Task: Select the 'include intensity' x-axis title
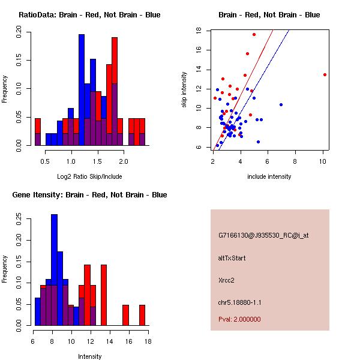pyautogui.click(x=269, y=176)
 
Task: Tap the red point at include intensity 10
pyautogui.click(x=325, y=75)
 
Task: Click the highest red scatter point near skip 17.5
pyautogui.click(x=254, y=35)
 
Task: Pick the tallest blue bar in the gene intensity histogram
pyautogui.click(x=54, y=269)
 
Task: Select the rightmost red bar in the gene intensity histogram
pyautogui.click(x=142, y=315)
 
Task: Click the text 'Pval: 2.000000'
pyautogui.click(x=240, y=319)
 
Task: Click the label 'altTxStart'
pyautogui.click(x=232, y=258)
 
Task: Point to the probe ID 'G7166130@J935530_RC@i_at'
pyautogui.click(x=263, y=236)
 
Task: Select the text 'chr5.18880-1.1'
pyautogui.click(x=240, y=301)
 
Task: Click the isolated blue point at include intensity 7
pyautogui.click(x=281, y=104)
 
